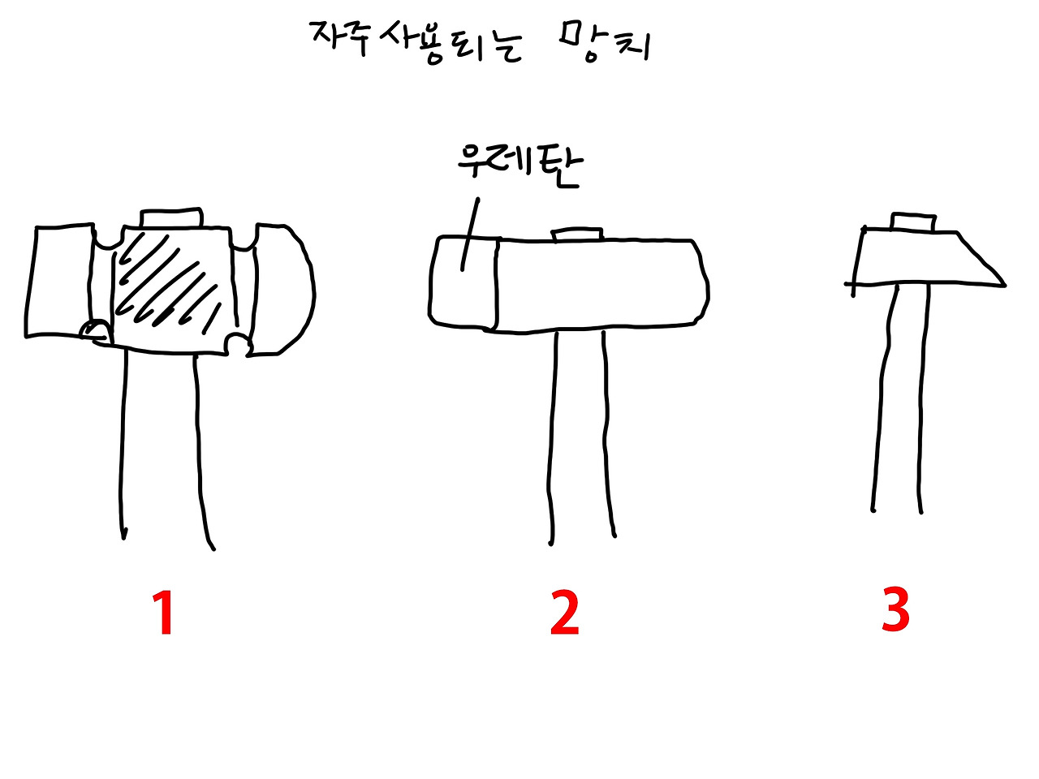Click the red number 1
(x=164, y=613)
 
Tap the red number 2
(x=565, y=613)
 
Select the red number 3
(x=895, y=610)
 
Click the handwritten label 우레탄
(x=519, y=163)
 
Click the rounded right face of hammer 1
(x=283, y=288)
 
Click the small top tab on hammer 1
(x=170, y=218)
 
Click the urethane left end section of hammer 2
(x=463, y=284)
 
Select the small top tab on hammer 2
(x=577, y=235)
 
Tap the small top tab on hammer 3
(x=914, y=222)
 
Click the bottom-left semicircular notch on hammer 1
(x=97, y=331)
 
